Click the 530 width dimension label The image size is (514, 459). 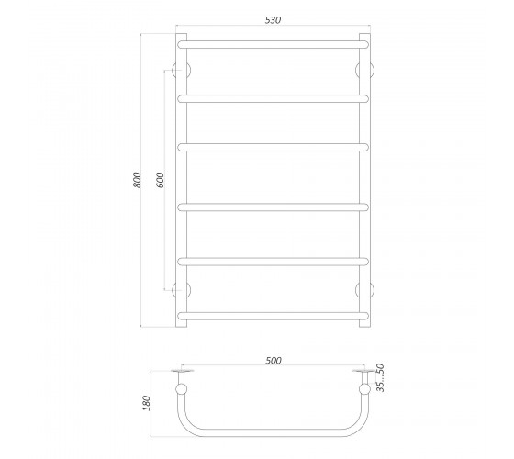pos(273,20)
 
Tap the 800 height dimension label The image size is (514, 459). pos(137,180)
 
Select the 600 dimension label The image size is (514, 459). pos(161,180)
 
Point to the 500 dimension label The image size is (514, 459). pos(274,360)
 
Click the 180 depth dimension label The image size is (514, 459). pos(146,403)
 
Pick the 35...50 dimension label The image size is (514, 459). pos(380,377)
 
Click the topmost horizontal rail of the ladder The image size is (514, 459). pos(274,45)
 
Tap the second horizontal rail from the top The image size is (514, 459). pos(274,99)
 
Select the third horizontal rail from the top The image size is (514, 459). pos(274,148)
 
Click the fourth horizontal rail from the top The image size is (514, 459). pos(274,207)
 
